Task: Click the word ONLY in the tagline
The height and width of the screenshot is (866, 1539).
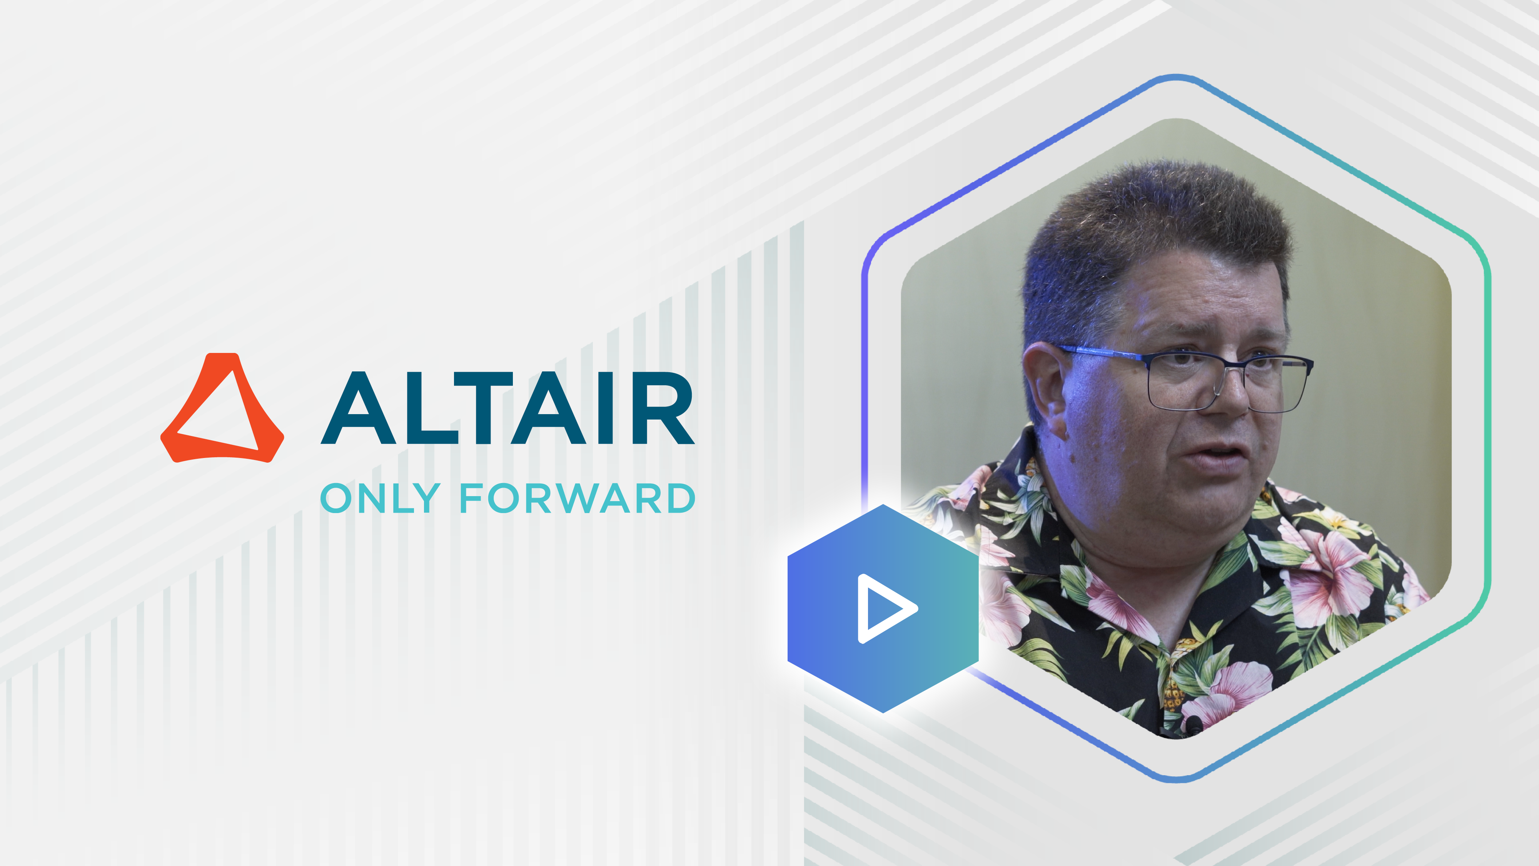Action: [380, 498]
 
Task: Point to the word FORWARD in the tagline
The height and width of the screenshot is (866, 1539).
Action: [577, 498]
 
